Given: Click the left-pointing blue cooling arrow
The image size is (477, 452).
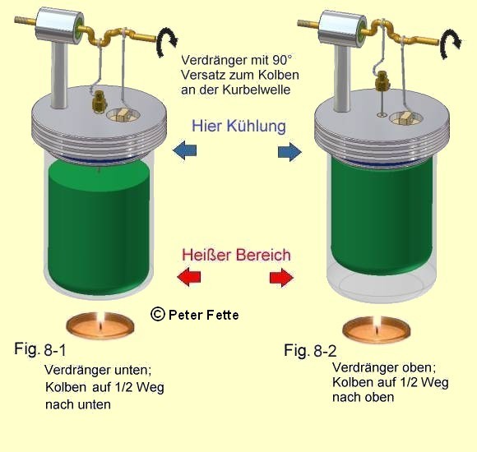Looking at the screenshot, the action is (x=185, y=150).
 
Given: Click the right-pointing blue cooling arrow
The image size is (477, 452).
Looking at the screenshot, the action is (x=289, y=152).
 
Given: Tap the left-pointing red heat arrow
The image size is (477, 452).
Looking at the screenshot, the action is (x=189, y=277).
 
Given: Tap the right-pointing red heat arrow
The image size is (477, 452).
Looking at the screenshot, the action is (x=282, y=277).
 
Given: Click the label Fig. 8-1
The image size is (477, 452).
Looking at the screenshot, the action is (x=39, y=349).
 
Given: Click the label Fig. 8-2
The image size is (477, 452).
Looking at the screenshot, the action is (x=310, y=350).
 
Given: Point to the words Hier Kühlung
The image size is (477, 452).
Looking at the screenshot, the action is (x=238, y=126).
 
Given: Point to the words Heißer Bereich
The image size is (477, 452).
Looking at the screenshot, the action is (x=236, y=255).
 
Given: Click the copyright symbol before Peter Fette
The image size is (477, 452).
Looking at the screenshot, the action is (x=158, y=314).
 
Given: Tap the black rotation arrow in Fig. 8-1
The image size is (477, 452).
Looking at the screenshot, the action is (x=166, y=42).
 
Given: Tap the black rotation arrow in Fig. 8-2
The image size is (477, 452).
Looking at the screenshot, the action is (x=451, y=44).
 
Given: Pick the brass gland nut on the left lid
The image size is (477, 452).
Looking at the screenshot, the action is (x=100, y=100).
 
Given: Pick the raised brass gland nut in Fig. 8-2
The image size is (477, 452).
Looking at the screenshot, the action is (x=382, y=81).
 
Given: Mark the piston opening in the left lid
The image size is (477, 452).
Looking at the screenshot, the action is (x=123, y=114).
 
